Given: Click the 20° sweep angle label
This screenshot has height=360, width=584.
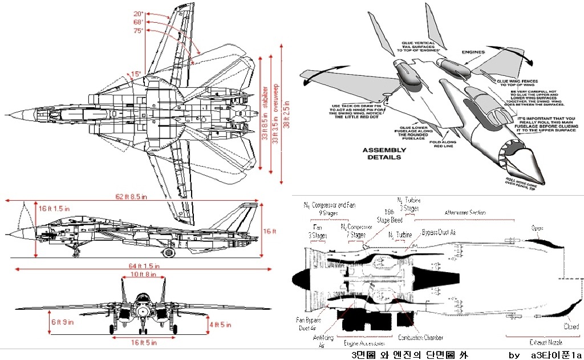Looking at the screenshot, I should pos(139,13).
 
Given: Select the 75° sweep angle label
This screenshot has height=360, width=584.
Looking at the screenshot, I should pos(139,31).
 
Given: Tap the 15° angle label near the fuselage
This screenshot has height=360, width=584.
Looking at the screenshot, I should pos(135,74).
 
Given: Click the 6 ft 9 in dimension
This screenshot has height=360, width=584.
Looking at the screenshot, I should pos(62,322).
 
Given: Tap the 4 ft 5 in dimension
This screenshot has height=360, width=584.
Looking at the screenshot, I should pos(220,325).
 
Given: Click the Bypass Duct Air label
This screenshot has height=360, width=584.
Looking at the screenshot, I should pos(439,233).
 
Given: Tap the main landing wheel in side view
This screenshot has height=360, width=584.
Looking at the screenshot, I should pos(169,252).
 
